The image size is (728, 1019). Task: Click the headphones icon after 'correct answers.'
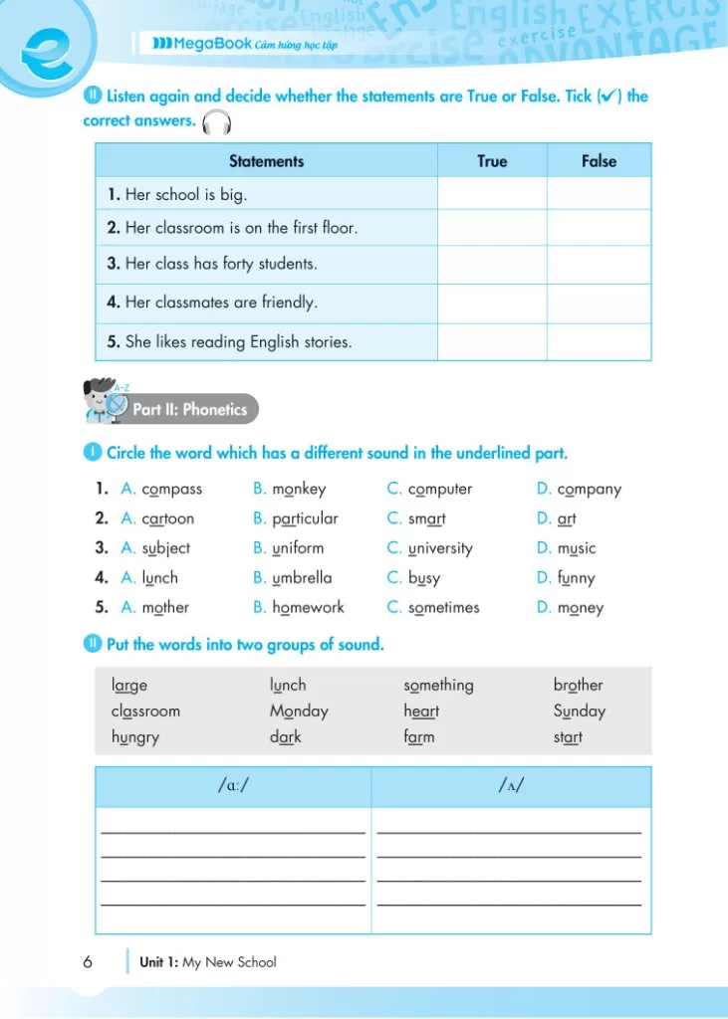coord(216,123)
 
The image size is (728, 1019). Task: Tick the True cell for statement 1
coord(492,194)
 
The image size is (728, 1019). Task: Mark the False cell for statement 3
coord(599,265)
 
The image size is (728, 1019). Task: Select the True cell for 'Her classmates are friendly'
coord(492,303)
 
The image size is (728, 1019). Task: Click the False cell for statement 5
coord(599,342)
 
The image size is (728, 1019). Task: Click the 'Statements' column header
coord(266,161)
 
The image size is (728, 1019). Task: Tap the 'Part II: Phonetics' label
coord(189,409)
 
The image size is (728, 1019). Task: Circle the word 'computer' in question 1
coord(440,490)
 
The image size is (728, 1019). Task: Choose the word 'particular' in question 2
coord(305,518)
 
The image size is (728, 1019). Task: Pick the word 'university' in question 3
coord(440,548)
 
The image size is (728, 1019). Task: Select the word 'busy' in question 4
coord(424,578)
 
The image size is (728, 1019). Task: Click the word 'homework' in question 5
coord(308,607)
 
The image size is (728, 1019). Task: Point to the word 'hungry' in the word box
coord(135,738)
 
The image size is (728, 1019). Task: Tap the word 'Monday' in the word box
coord(299,712)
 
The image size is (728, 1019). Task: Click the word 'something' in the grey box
coord(438,686)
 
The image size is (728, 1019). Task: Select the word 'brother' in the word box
coord(578,686)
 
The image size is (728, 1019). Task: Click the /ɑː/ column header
coord(233,787)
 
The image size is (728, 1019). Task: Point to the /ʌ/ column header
coord(511,787)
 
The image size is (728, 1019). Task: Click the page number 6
coord(88,962)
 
